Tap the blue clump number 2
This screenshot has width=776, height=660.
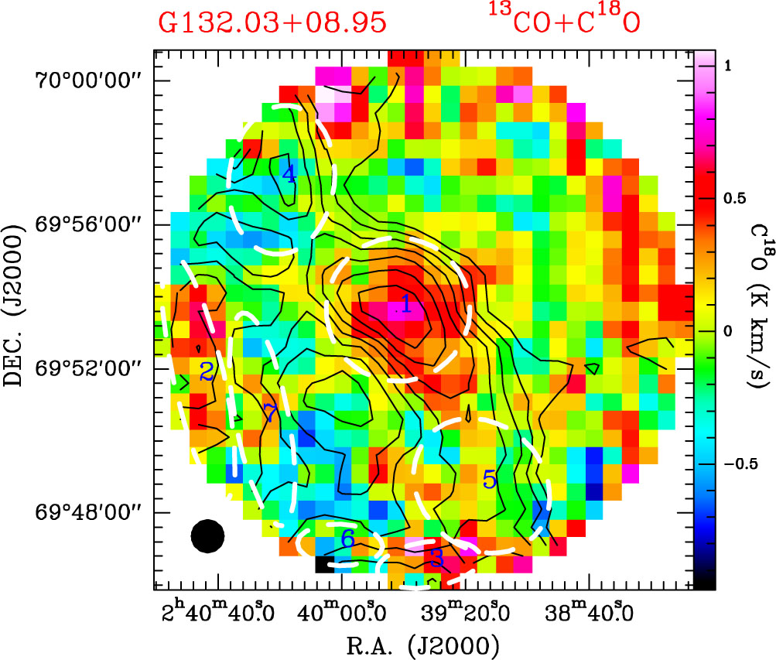pyautogui.click(x=206, y=371)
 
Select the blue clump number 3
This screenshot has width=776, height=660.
pyautogui.click(x=437, y=556)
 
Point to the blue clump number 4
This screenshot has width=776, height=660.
pyautogui.click(x=289, y=174)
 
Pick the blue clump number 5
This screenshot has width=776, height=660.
pyautogui.click(x=489, y=480)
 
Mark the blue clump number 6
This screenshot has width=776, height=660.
pyautogui.click(x=347, y=539)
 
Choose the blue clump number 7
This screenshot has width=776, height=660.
pyautogui.click(x=269, y=412)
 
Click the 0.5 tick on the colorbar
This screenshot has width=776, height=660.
pyautogui.click(x=729, y=199)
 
